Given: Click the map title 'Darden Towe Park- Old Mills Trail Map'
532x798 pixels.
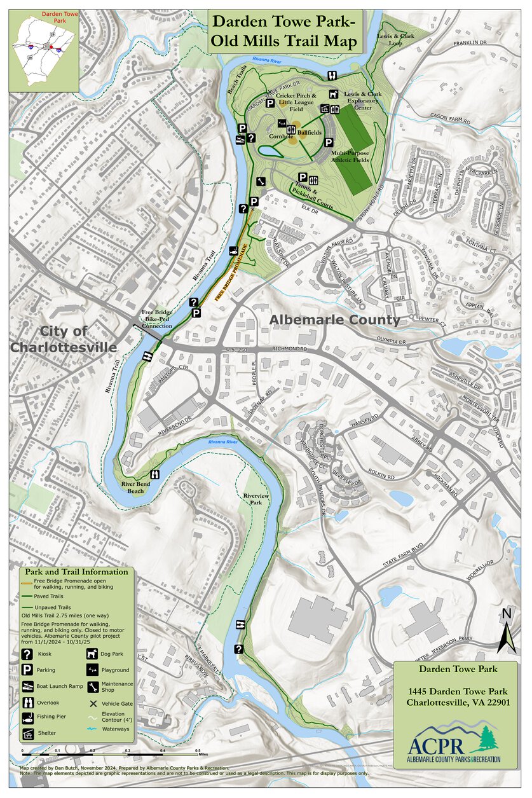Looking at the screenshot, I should [283, 32].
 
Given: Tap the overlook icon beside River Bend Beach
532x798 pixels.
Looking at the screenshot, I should [154, 474].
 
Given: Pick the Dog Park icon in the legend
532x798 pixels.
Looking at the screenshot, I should [92, 654].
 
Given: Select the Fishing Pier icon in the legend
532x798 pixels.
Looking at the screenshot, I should [27, 718].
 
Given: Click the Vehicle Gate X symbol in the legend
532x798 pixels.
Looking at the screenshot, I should [92, 703].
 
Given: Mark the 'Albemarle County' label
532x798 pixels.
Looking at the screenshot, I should [335, 320].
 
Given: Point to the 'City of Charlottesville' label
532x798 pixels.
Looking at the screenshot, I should [63, 339].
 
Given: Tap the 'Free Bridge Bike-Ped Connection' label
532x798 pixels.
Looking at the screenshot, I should [156, 319].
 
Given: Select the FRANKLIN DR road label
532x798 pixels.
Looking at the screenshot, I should [469, 44].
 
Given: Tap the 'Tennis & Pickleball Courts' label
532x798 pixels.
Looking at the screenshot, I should [313, 198].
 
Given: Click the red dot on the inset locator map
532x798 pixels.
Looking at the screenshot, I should [51, 46].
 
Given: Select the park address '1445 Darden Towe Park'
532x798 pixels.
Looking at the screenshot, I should [457, 691].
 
